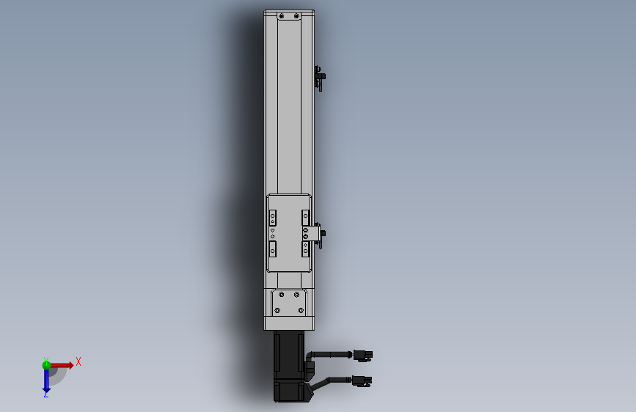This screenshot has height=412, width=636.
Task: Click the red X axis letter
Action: pyautogui.click(x=78, y=361)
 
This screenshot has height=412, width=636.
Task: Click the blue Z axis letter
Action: pyautogui.click(x=45, y=394)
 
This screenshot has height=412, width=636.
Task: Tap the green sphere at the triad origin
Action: pyautogui.click(x=46, y=365)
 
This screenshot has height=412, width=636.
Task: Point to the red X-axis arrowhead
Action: pyautogui.click(x=71, y=365)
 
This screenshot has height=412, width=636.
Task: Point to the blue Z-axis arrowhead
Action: pyautogui.click(x=46, y=391)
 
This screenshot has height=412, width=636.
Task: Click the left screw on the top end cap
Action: pyautogui.click(x=282, y=16)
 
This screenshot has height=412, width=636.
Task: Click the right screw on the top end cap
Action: pyautogui.click(x=296, y=16)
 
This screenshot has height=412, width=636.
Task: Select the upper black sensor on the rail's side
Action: pyautogui.click(x=320, y=78)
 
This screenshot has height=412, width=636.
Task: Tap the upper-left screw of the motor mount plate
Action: pyautogui.click(x=282, y=295)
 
